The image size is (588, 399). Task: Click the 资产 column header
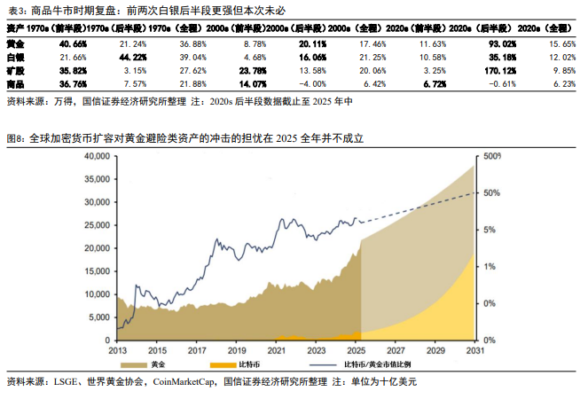(14, 28)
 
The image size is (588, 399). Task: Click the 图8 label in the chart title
(15, 139)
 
